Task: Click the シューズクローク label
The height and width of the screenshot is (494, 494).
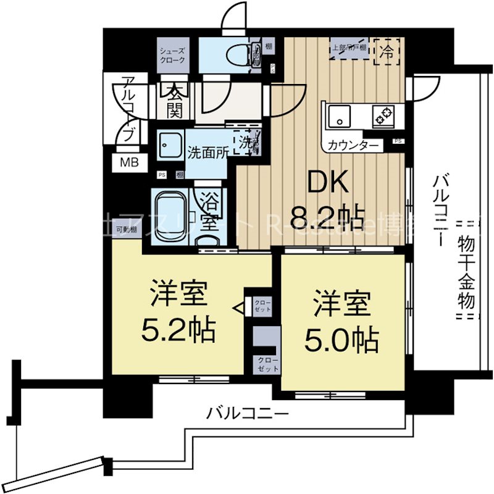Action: tap(172, 56)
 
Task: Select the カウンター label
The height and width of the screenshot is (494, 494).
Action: tap(354, 146)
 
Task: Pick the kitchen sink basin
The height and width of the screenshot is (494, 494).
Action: tap(339, 115)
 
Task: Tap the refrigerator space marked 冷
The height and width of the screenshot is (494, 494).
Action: tap(386, 49)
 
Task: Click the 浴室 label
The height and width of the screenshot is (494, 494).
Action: tap(210, 210)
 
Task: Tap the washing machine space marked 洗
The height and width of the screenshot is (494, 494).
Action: tap(246, 142)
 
